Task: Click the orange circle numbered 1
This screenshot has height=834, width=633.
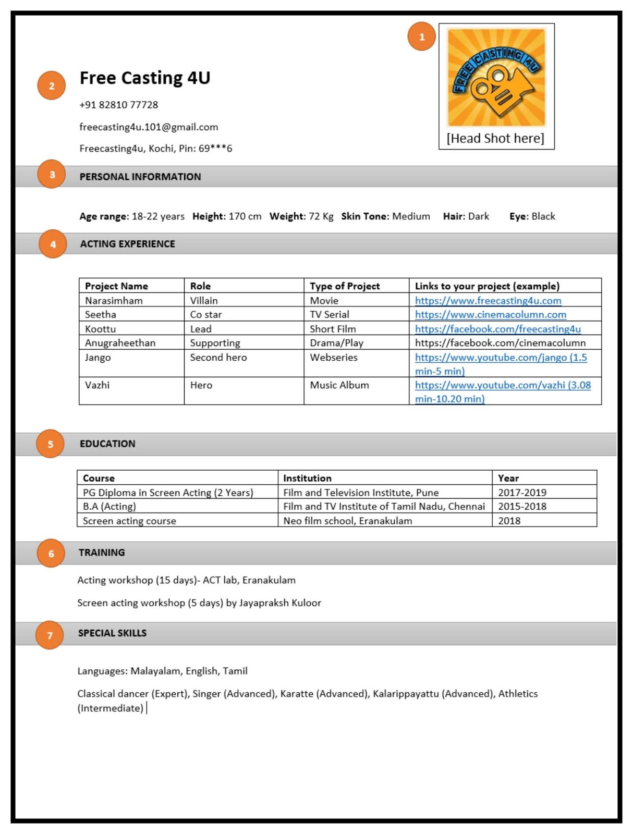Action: click(x=421, y=36)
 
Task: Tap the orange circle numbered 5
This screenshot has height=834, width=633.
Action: click(x=50, y=444)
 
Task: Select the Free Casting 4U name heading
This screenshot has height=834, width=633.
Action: click(x=144, y=78)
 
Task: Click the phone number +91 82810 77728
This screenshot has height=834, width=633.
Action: click(x=118, y=105)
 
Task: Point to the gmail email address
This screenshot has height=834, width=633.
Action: click(x=149, y=127)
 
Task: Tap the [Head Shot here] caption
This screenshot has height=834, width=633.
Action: click(x=495, y=138)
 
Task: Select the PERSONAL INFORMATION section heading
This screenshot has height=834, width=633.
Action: click(x=140, y=177)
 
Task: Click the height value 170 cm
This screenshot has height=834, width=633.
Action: click(x=245, y=216)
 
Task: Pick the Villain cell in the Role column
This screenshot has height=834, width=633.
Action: click(x=204, y=301)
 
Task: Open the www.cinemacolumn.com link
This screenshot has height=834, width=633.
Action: click(x=490, y=315)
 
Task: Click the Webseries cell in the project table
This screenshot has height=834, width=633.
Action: click(x=334, y=358)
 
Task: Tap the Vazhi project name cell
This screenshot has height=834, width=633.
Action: click(x=98, y=385)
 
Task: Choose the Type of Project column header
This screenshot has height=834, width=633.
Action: click(x=345, y=286)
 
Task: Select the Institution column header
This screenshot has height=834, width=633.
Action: click(x=307, y=478)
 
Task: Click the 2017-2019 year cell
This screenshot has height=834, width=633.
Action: click(x=522, y=493)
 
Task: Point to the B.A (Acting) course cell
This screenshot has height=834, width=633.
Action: click(x=109, y=507)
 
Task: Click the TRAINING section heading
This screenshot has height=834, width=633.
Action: click(x=102, y=553)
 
